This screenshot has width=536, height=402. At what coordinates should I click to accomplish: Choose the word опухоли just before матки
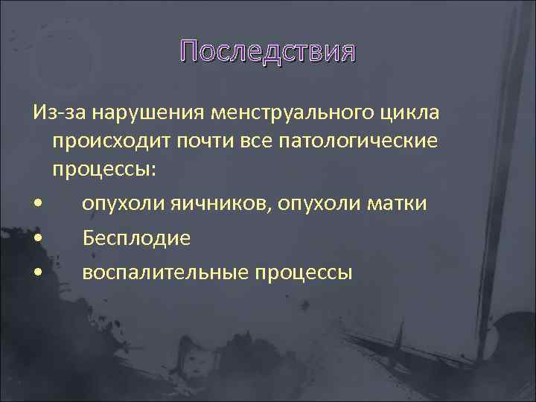pos(316,202)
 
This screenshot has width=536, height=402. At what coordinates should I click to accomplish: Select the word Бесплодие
pos(137,237)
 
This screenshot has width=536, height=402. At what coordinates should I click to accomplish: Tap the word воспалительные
pos(165,272)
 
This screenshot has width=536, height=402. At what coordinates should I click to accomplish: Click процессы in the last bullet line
pos(303,272)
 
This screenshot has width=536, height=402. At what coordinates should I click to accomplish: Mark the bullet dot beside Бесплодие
pos(38,238)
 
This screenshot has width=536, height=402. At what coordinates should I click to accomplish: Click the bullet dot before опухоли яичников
pos(38,204)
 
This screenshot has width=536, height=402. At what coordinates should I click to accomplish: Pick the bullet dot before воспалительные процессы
pos(38,273)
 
